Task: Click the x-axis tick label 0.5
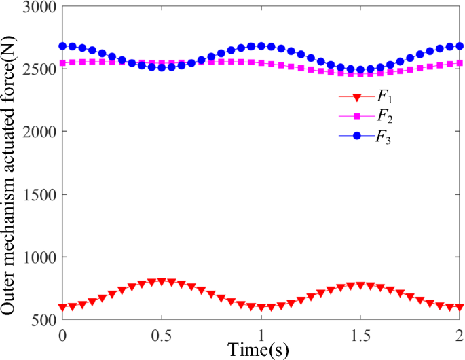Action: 162,335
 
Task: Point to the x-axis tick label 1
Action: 261,335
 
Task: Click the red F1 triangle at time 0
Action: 62,308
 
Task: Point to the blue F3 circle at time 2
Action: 460,46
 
